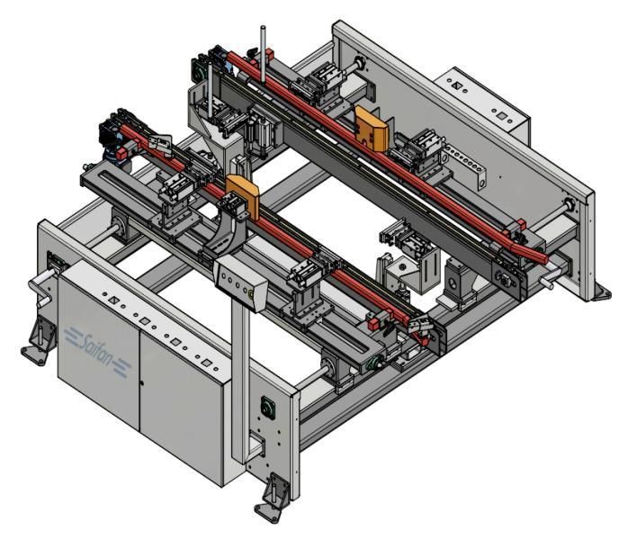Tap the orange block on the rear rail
click(372, 128)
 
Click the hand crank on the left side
click(43, 287)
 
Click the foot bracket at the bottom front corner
click(273, 498)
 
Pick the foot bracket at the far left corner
click(39, 341)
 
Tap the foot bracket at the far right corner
click(601, 292)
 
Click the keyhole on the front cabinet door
click(142, 383)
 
